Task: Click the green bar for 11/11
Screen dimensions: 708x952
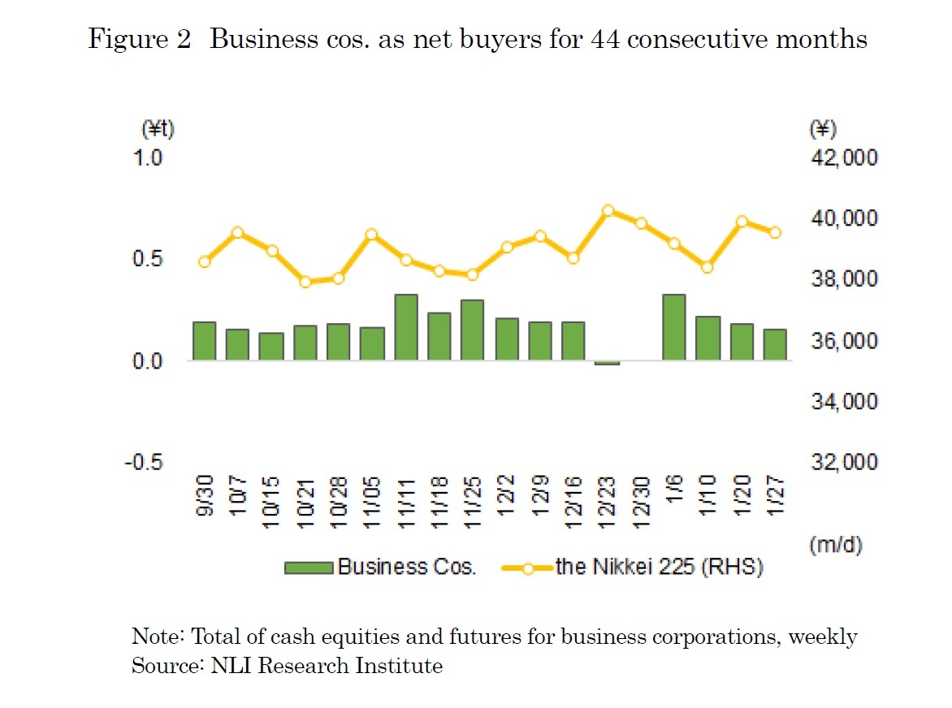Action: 406,327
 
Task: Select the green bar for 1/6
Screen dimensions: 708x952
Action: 674,327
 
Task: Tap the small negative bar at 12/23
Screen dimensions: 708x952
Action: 607,363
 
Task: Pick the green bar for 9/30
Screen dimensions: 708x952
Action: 205,341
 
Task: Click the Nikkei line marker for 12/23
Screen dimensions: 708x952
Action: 608,210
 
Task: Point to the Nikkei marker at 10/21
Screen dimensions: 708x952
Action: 305,282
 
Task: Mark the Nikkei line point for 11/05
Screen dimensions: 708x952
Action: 371,235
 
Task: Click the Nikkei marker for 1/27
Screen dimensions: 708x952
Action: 775,232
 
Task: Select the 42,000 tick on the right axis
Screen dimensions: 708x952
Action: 843,158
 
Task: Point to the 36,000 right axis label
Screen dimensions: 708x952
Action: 843,341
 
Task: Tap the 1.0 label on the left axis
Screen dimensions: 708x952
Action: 149,158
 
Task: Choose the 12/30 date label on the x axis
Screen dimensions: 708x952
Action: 641,505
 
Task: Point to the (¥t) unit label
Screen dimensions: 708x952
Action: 158,129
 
